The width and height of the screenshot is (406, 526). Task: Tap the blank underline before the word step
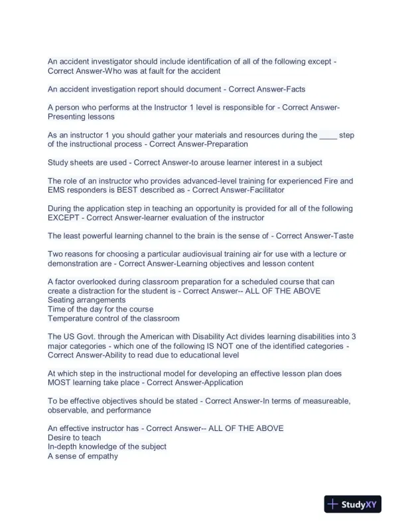click(328, 135)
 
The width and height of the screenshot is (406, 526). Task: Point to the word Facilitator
click(261, 190)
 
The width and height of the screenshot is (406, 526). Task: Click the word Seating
click(62, 300)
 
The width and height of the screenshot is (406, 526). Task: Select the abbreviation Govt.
click(91, 336)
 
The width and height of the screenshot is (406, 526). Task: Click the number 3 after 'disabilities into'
click(354, 336)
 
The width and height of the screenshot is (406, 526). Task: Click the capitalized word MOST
click(60, 383)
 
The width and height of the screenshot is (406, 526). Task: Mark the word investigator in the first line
click(112, 62)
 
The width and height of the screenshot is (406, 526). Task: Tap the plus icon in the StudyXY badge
click(333, 505)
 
